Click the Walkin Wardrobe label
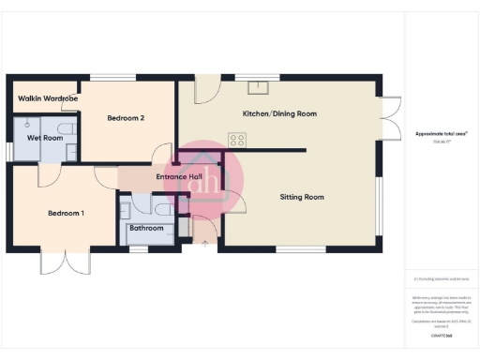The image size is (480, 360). (x=48, y=98)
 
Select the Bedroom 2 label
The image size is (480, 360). (x=125, y=118)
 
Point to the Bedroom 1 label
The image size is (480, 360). (x=67, y=214)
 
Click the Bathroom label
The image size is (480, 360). (x=147, y=228)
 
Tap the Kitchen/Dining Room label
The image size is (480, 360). (x=279, y=113)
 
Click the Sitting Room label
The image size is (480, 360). (x=302, y=197)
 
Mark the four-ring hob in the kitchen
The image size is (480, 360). (x=237, y=141)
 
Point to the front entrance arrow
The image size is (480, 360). (x=204, y=243)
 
